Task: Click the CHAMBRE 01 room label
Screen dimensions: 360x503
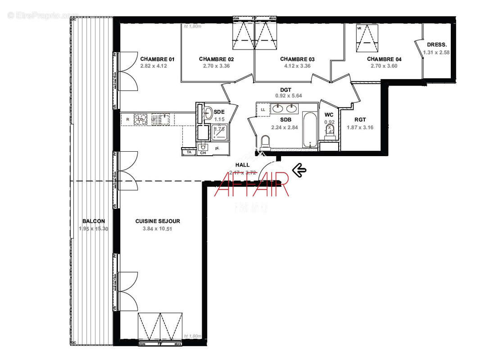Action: tap(157, 59)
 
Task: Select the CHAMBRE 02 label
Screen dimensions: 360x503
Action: tap(216, 59)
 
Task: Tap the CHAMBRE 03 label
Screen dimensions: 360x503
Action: tap(297, 59)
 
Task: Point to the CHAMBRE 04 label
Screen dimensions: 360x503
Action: tap(384, 59)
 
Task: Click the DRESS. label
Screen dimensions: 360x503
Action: tap(436, 45)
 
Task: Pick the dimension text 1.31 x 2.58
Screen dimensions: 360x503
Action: tap(436, 53)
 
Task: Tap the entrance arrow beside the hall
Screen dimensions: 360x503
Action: tap(299, 170)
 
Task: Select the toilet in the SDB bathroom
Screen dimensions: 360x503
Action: tap(265, 142)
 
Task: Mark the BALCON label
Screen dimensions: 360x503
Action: tap(94, 221)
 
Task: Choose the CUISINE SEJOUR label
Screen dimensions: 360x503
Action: tap(158, 221)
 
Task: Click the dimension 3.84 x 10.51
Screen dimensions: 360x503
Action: tap(158, 229)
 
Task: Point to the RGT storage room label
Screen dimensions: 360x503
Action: tap(360, 120)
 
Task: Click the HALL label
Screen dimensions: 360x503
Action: tap(242, 165)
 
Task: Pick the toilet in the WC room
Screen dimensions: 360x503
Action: tap(330, 130)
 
